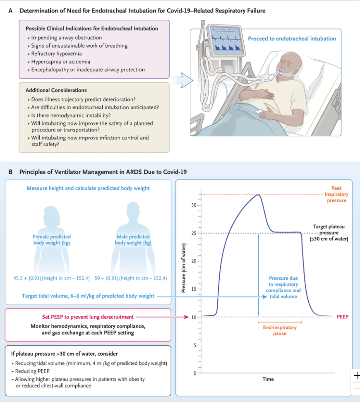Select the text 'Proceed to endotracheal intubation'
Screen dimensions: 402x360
point(292,39)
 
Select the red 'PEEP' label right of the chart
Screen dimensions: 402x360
point(343,317)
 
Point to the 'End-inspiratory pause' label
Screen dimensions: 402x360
point(279,330)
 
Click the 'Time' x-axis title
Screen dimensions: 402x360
point(268,379)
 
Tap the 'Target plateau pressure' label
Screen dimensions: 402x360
point(329,233)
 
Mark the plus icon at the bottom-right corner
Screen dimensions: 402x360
point(356,376)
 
